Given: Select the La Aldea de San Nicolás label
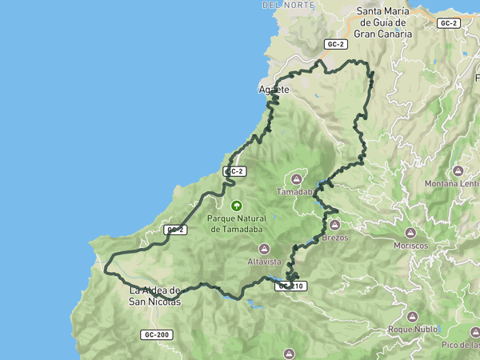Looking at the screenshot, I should pos(155,296).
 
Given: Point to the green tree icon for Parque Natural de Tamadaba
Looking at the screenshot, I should pos(236,206).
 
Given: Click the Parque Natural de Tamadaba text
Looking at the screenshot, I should pos(236,222).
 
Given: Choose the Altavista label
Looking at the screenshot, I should pos(265,262).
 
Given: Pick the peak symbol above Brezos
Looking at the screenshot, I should pos(334,225).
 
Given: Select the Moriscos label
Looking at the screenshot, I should pos(411,246).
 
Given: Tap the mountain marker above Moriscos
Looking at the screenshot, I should pos(411,232).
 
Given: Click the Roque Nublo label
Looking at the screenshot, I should pos(412,329).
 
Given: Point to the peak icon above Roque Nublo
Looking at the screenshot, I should pos(412,317).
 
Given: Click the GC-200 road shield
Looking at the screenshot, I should pos(157,334).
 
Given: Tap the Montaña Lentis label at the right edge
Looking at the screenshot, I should pos(452,183).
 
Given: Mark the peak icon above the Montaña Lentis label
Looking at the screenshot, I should pos(458,170).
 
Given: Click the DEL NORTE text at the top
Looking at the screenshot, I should pos(283,5).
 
